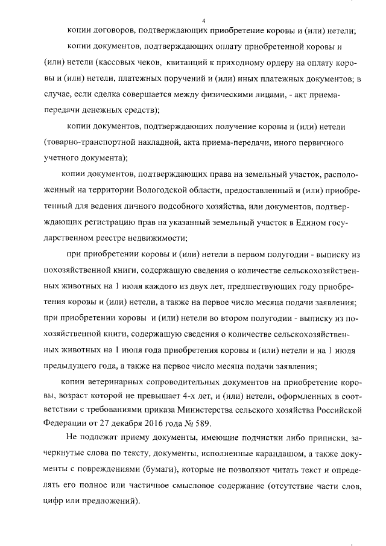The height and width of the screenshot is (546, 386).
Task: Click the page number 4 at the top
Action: pyautogui.click(x=204, y=21)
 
